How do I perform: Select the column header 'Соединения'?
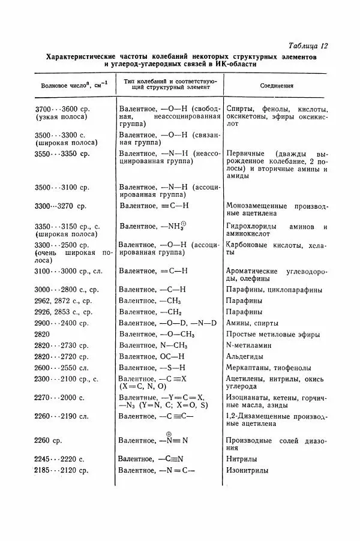click(277, 85)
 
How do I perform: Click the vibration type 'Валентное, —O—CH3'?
click(157, 333)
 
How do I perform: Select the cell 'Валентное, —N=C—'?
click(157, 471)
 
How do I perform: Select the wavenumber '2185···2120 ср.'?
click(61, 471)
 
